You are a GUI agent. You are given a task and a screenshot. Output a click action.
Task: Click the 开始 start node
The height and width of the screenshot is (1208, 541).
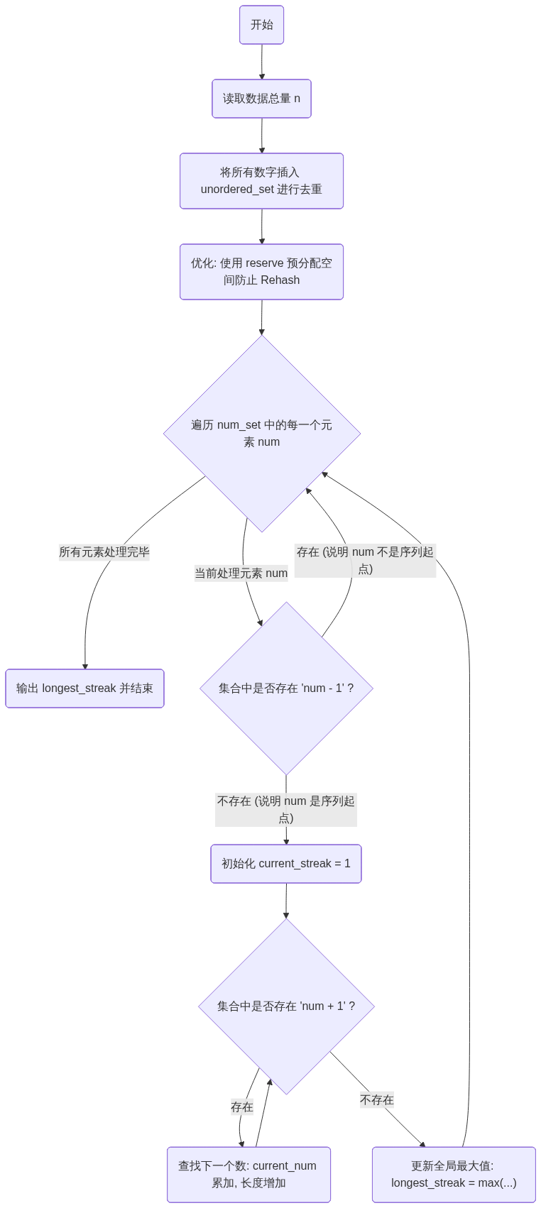point(261,25)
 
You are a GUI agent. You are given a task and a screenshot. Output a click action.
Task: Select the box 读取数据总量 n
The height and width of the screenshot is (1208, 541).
point(261,99)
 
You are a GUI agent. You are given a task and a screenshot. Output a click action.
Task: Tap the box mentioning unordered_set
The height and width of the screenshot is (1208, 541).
point(261,181)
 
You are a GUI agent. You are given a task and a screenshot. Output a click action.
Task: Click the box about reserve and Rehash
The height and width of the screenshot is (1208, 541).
point(261,272)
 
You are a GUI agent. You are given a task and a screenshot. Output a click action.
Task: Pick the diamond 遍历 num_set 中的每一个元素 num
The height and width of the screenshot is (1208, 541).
point(262,433)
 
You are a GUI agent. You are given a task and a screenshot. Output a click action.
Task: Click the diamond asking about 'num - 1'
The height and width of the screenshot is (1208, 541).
point(286,688)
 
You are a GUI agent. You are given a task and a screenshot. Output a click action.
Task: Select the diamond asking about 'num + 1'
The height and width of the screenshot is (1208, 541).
point(286,1006)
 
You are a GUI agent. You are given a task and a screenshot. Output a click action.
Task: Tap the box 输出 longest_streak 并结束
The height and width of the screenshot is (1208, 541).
point(84,688)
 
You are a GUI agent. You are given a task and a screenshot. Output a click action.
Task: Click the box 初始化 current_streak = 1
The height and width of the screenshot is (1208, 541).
point(286,864)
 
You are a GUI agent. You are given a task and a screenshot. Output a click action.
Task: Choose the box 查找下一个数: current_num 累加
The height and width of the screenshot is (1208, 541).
point(248,1175)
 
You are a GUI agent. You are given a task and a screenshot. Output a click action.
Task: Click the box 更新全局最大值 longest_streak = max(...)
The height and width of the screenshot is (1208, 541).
point(454,1175)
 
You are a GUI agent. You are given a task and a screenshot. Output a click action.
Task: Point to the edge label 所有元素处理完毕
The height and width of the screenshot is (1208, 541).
point(104,552)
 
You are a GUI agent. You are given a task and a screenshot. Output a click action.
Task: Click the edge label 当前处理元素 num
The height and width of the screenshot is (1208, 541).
point(241,573)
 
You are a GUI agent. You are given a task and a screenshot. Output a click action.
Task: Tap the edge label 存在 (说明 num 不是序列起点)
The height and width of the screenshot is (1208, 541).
point(365,561)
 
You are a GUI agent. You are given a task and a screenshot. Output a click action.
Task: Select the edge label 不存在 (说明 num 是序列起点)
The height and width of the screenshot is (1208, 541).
point(286,810)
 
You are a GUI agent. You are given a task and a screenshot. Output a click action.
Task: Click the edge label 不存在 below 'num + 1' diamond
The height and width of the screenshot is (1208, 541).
point(377,1100)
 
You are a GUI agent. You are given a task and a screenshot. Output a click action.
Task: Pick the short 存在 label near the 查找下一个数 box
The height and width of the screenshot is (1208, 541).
point(242,1107)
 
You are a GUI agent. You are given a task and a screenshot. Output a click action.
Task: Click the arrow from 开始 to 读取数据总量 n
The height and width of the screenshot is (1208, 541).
point(262,62)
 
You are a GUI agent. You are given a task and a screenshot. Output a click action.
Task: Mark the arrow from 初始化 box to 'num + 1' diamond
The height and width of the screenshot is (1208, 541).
point(286,901)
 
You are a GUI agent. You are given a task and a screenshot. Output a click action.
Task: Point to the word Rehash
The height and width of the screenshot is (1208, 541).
point(280,280)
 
